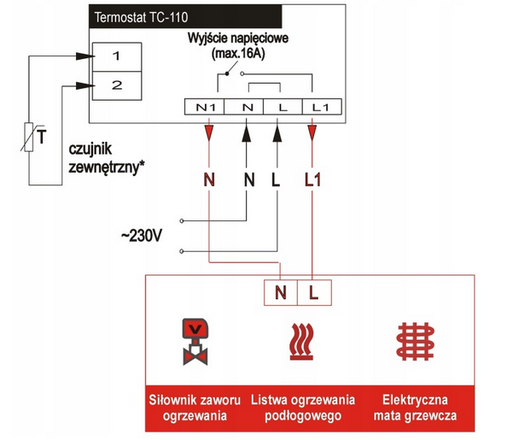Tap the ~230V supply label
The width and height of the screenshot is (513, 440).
click(140, 235)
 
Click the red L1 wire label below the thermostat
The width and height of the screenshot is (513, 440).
click(312, 180)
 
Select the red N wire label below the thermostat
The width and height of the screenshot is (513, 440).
click(209, 180)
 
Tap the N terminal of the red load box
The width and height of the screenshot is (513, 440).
click(281, 293)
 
